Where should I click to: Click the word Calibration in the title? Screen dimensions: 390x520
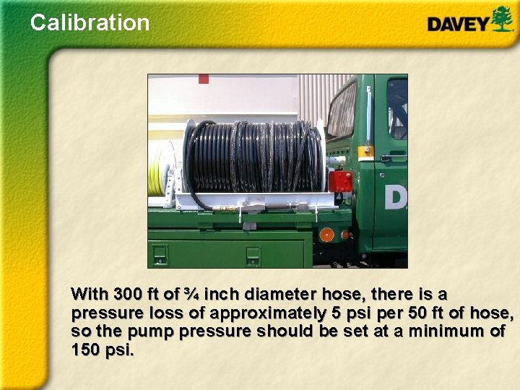tap(90, 22)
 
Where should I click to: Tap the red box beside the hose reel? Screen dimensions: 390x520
tap(340, 181)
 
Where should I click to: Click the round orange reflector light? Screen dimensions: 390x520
tap(327, 235)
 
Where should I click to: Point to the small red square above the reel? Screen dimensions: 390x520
tap(204, 78)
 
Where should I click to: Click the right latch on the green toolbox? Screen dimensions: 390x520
tap(252, 254)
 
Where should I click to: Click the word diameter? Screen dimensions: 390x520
tap(279, 295)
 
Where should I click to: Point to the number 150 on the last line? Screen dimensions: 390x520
tap(87, 351)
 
